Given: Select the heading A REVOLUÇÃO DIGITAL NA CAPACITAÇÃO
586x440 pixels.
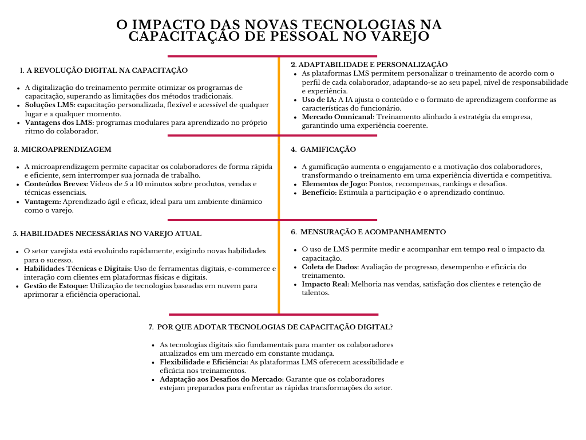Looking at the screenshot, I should click(107, 70).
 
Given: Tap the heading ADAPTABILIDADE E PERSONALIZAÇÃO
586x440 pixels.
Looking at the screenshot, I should click(373, 65).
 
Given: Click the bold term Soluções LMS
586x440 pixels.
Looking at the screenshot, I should click(49, 105).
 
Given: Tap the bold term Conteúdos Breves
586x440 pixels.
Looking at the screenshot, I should click(56, 184).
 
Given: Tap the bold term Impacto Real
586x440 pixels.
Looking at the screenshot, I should click(325, 284).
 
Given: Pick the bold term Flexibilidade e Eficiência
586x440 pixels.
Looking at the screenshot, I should click(204, 362).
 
